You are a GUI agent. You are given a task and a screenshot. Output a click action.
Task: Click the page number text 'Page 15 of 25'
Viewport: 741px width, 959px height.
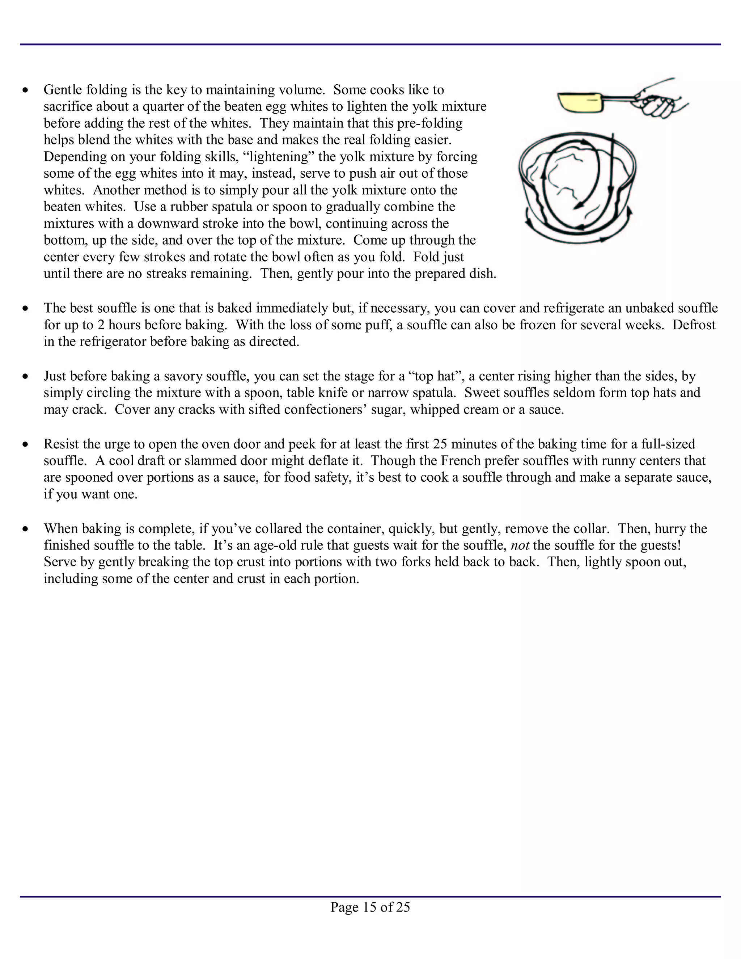pyautogui.click(x=370, y=907)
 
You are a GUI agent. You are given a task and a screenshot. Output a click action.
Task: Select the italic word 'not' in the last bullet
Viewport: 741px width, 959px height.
pyautogui.click(x=520, y=545)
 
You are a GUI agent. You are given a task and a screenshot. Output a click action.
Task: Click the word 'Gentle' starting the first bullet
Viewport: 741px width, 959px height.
pyautogui.click(x=63, y=90)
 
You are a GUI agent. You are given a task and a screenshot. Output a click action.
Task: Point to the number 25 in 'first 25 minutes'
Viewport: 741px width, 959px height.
pyautogui.click(x=440, y=444)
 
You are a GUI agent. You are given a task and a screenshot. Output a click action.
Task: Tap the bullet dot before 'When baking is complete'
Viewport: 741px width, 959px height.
pyautogui.click(x=26, y=529)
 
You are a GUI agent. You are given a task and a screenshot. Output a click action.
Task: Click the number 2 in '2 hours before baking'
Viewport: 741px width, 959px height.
pyautogui.click(x=101, y=325)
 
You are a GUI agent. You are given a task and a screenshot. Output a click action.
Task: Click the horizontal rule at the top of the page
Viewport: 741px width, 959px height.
pyautogui.click(x=370, y=45)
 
